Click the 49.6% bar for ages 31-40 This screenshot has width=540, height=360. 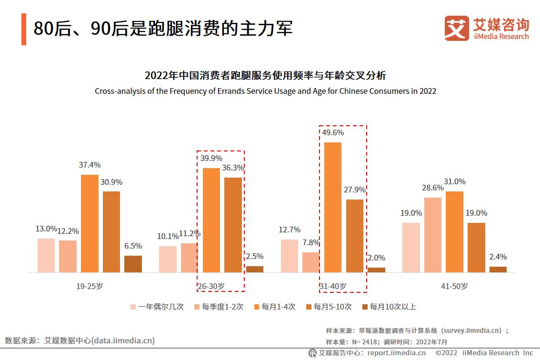click(x=333, y=207)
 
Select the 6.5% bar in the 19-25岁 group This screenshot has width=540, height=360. click(x=133, y=264)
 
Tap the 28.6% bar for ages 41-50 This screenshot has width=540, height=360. click(x=432, y=235)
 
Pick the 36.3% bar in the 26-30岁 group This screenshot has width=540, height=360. click(x=233, y=225)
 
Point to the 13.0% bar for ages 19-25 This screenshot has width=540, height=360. click(x=46, y=255)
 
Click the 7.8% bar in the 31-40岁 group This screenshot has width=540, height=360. click(x=311, y=262)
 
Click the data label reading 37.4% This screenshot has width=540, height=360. click(x=90, y=165)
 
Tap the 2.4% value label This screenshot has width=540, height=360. click(x=498, y=257)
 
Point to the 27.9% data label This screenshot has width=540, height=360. click(x=354, y=190)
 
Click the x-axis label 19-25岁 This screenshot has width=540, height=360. click(x=90, y=286)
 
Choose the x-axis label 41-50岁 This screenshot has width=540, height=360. click(x=454, y=286)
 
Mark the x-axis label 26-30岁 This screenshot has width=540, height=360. click(x=211, y=286)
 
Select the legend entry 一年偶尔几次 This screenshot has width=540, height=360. click(x=157, y=307)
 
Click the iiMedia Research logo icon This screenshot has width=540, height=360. click(x=456, y=28)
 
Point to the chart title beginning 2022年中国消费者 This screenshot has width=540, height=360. click(x=265, y=76)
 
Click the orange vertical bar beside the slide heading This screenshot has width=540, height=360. click(x=24, y=29)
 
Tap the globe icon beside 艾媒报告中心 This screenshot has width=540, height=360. click(x=312, y=353)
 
